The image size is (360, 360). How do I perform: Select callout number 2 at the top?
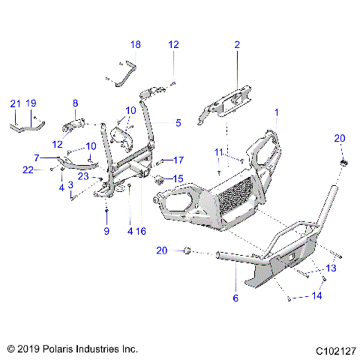[237, 45]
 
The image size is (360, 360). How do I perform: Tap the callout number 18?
[135, 45]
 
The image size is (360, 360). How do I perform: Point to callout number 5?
[178, 122]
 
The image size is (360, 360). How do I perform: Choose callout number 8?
[75, 103]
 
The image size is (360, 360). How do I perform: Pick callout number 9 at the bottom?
[106, 232]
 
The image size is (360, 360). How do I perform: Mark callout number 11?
[219, 152]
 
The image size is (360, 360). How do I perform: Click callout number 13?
[330, 268]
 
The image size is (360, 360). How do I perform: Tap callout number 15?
[178, 178]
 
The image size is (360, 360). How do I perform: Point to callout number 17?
[178, 160]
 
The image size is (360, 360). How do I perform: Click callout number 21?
[15, 103]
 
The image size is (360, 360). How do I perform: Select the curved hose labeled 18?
[122, 73]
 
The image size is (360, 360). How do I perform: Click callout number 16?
[141, 232]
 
